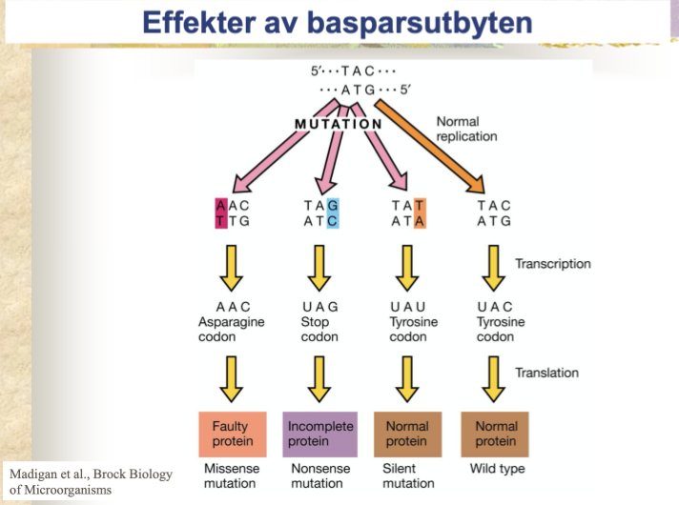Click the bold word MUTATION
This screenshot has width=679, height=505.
coord(338,124)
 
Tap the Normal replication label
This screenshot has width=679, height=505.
coord(466,129)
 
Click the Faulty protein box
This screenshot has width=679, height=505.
coord(232,434)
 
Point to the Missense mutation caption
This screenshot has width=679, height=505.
coord(231,475)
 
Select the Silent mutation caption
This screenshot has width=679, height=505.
coord(407,475)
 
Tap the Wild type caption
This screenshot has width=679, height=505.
coord(497,469)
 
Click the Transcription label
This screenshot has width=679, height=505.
coord(553,264)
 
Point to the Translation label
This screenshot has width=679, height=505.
coord(546,373)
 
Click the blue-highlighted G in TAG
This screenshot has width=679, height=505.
coord(332,206)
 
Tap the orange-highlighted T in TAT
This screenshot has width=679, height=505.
coord(421,206)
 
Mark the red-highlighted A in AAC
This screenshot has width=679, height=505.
coord(221,206)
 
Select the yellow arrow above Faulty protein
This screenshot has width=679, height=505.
coord(232,379)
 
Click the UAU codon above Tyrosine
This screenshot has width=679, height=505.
coord(407,307)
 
